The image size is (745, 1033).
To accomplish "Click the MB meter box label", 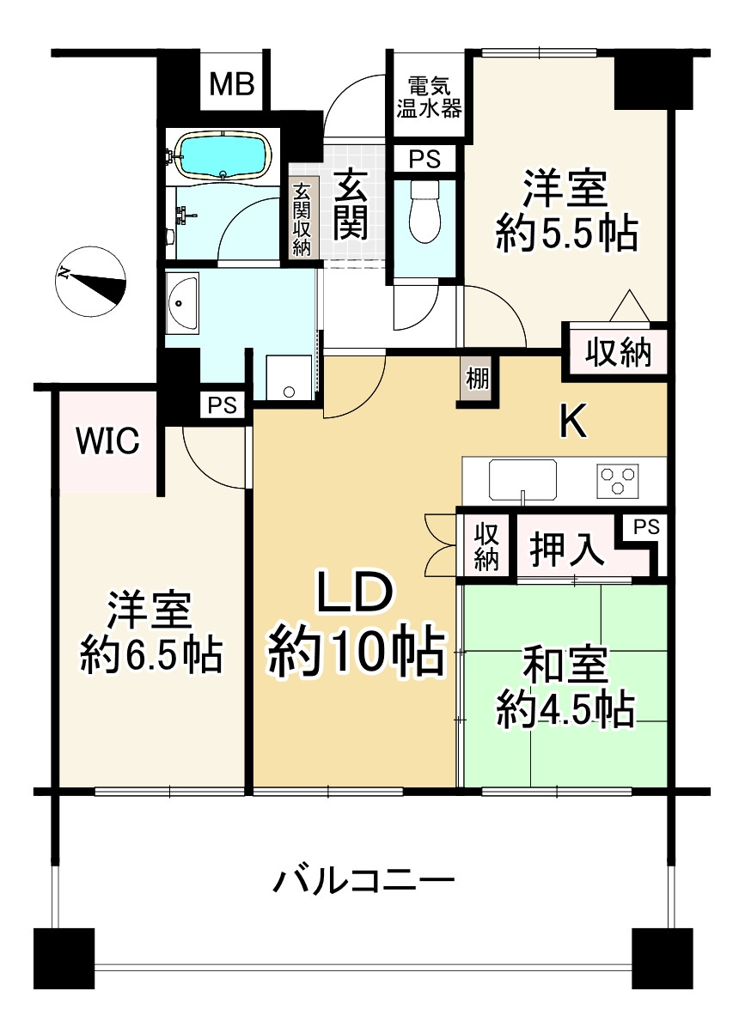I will [x=233, y=84].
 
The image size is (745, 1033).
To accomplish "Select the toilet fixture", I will [x=424, y=212].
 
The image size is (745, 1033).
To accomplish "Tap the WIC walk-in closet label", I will [x=107, y=441].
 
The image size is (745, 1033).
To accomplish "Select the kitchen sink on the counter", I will [x=522, y=479].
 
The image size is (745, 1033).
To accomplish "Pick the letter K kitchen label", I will [x=573, y=421].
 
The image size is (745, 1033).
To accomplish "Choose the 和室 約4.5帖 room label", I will [x=565, y=687].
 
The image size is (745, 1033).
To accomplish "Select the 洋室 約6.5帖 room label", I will [x=152, y=633].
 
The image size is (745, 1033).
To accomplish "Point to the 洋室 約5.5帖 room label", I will [x=566, y=211].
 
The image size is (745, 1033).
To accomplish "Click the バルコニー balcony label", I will [x=363, y=880].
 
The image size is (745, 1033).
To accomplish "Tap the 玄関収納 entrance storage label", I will [x=302, y=221].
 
